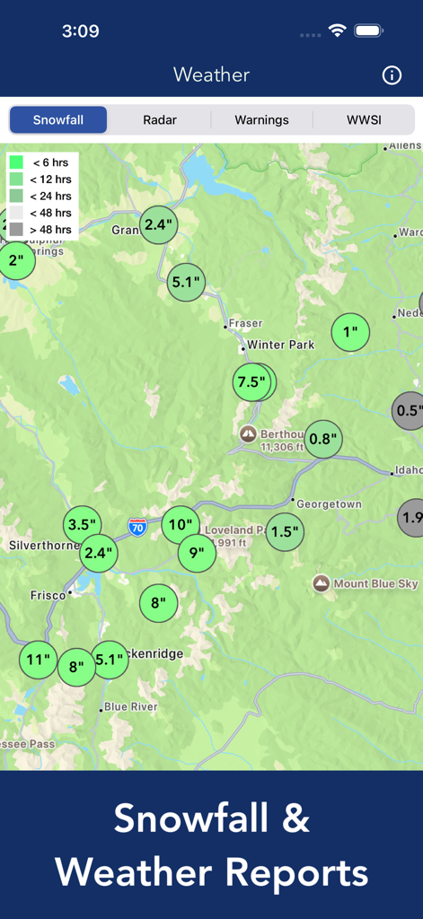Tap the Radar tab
160,119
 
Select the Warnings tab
261,119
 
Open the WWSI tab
364,119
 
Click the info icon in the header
392,75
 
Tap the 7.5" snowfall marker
251,382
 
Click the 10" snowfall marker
180,525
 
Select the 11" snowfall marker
38,661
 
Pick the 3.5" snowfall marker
82,525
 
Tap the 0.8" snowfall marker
322,440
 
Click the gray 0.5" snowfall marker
409,411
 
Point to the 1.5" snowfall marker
284,532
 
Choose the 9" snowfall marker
196,554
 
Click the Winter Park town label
280,345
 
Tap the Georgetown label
329,504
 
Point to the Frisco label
48,595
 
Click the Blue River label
130,707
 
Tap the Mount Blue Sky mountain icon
321,583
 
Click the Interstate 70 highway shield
137,527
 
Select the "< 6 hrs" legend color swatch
16,162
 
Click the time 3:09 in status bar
80,31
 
